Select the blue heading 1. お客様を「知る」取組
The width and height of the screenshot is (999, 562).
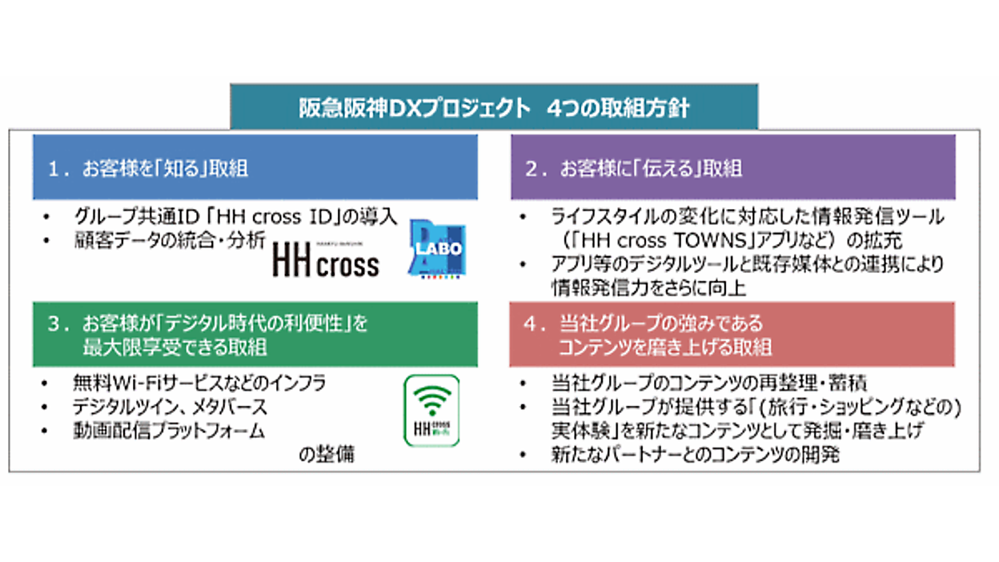click(x=255, y=168)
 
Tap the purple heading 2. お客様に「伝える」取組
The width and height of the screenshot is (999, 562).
click(x=732, y=168)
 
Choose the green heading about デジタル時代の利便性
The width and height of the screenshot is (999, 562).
click(x=255, y=335)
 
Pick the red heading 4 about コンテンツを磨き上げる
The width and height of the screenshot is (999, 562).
click(x=732, y=335)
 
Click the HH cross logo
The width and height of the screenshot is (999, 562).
click(x=325, y=259)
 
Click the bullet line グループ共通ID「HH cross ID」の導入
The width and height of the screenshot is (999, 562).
click(x=235, y=216)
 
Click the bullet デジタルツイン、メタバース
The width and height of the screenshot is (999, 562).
click(x=171, y=407)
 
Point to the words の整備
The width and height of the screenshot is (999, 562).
click(x=327, y=455)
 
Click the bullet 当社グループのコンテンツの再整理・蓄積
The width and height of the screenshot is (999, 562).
click(x=709, y=383)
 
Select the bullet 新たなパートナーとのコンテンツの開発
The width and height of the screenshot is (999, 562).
click(x=694, y=455)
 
